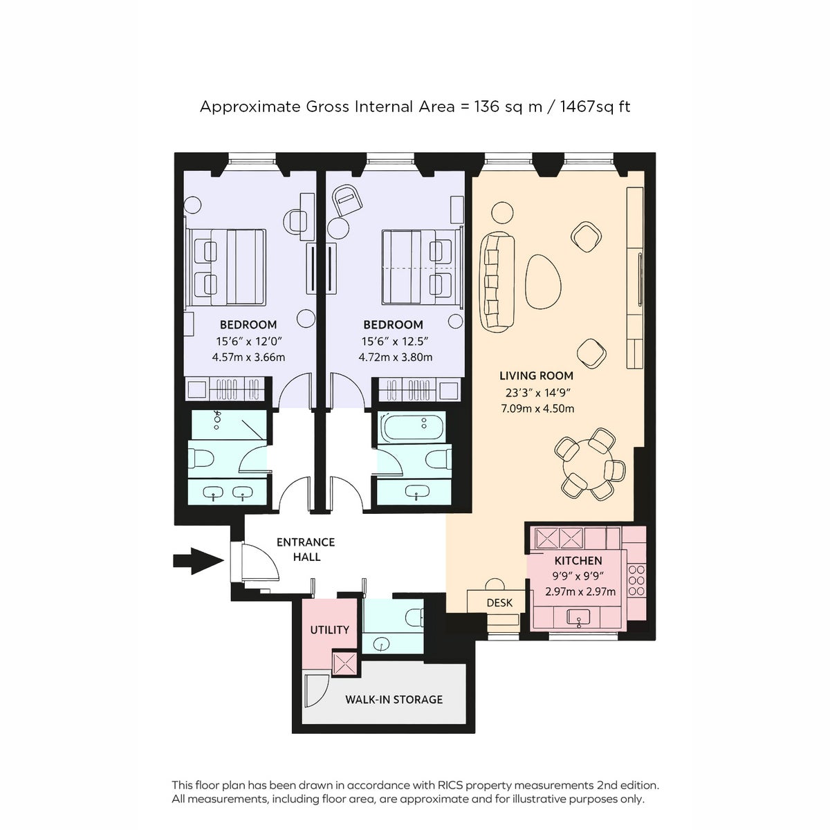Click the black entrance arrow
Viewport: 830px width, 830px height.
pyautogui.click(x=198, y=561)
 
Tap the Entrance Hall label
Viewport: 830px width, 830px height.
pyautogui.click(x=306, y=549)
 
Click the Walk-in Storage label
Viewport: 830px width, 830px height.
pyautogui.click(x=394, y=699)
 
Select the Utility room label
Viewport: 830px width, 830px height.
pyautogui.click(x=329, y=629)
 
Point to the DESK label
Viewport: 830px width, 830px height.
pyautogui.click(x=499, y=602)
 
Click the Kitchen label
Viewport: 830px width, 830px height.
pyautogui.click(x=578, y=560)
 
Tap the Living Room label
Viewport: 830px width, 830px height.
pyautogui.click(x=536, y=376)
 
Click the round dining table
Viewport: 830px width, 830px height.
pyautogui.click(x=587, y=464)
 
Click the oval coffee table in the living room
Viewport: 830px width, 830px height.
pyautogui.click(x=543, y=282)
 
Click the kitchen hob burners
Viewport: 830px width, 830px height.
pyautogui.click(x=636, y=580)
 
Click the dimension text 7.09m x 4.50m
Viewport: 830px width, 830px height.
pyautogui.click(x=537, y=408)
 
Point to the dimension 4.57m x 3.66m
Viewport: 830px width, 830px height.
pyautogui.click(x=248, y=357)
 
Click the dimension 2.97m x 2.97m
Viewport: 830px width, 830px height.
pyautogui.click(x=580, y=591)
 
